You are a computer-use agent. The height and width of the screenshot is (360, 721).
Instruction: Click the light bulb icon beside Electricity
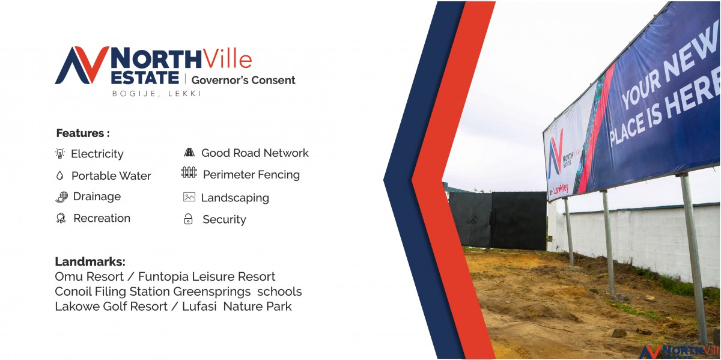point(60,153)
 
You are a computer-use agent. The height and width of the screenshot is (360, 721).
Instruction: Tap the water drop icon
point(59,175)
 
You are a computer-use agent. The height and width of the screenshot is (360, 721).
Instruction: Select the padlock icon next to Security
point(188,219)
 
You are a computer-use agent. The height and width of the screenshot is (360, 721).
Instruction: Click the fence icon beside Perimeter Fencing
point(189,172)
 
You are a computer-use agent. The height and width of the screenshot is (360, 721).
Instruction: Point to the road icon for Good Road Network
point(189,152)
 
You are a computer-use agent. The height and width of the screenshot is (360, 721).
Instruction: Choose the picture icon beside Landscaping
point(189,197)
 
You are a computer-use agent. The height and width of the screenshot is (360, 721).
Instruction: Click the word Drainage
point(97,197)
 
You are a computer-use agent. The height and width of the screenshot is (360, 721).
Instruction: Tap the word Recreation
point(102,218)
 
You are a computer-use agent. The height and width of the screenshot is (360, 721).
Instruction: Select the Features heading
point(83,133)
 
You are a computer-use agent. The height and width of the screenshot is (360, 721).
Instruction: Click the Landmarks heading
point(90,261)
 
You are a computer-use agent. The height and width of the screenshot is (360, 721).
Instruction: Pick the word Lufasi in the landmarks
point(199,307)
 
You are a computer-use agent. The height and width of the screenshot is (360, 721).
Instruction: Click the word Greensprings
point(212,292)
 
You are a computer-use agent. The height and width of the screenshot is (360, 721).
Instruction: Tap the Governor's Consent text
point(243,80)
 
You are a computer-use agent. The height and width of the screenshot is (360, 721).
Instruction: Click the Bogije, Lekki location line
point(157,94)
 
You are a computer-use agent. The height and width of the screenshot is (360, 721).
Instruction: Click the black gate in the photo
point(497,220)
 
